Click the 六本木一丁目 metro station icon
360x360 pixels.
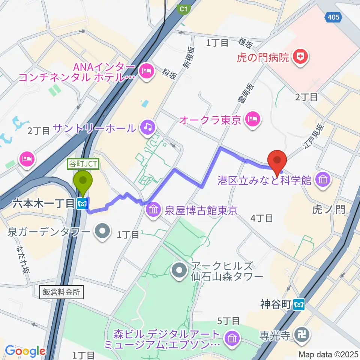click(x=82, y=204)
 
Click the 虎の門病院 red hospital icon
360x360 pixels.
click(x=301, y=57)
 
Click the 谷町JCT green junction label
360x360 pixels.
click(x=83, y=164)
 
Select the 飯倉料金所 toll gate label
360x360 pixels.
click(x=60, y=292)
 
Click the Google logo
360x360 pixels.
click(x=25, y=351)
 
